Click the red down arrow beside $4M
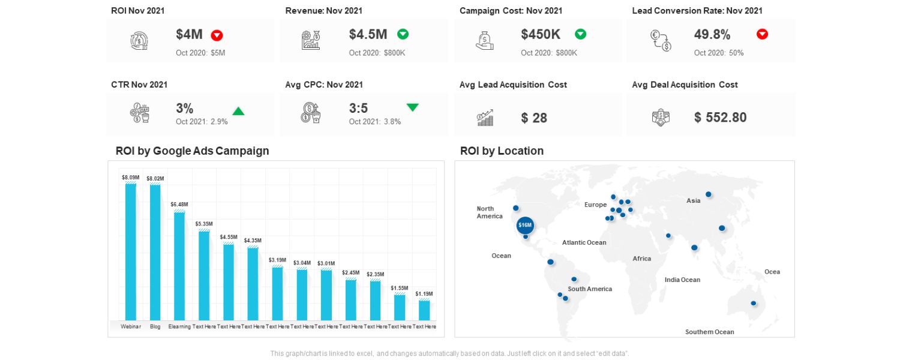[x=217, y=35]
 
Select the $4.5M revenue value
[x=368, y=35]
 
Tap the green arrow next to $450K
[x=580, y=34]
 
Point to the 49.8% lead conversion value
[x=712, y=35]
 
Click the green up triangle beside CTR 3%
[x=238, y=111]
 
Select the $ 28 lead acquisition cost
[x=534, y=118]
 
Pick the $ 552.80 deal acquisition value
[x=720, y=118]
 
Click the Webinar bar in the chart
[x=131, y=252]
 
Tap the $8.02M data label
[x=155, y=178]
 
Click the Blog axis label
[x=155, y=327]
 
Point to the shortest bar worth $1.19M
[x=424, y=310]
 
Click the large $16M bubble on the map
[x=525, y=225]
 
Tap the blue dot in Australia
[x=754, y=304]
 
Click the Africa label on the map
[x=641, y=259]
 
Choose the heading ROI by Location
[x=502, y=151]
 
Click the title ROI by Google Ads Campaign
[x=192, y=151]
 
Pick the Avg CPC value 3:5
[x=358, y=109]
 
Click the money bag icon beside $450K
[x=485, y=41]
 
